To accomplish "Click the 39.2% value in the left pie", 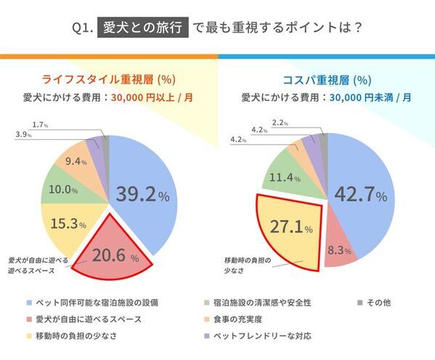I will (143, 195).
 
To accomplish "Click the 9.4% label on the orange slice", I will (76, 162).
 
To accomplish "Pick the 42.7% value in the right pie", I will (361, 195).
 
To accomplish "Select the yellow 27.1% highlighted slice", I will (290, 227).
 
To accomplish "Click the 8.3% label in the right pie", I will (339, 250).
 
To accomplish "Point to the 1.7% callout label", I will (40, 125).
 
